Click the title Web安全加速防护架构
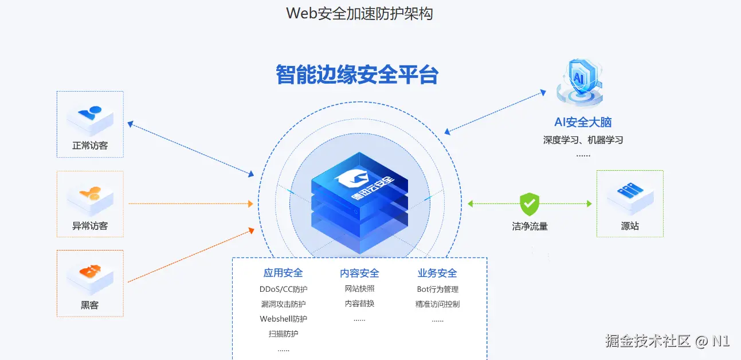(359, 13)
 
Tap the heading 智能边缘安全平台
(357, 75)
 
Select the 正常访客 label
(90, 146)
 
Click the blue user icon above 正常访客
(91, 113)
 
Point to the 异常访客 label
(90, 226)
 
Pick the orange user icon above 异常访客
(90, 194)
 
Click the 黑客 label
(90, 306)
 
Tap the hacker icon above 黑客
(90, 272)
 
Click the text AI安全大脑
(583, 122)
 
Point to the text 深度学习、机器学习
(583, 140)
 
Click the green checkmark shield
(530, 204)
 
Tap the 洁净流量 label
(530, 226)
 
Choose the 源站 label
(630, 226)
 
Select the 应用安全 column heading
(283, 273)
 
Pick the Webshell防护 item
(283, 319)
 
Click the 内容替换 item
(359, 304)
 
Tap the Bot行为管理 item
(437, 289)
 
